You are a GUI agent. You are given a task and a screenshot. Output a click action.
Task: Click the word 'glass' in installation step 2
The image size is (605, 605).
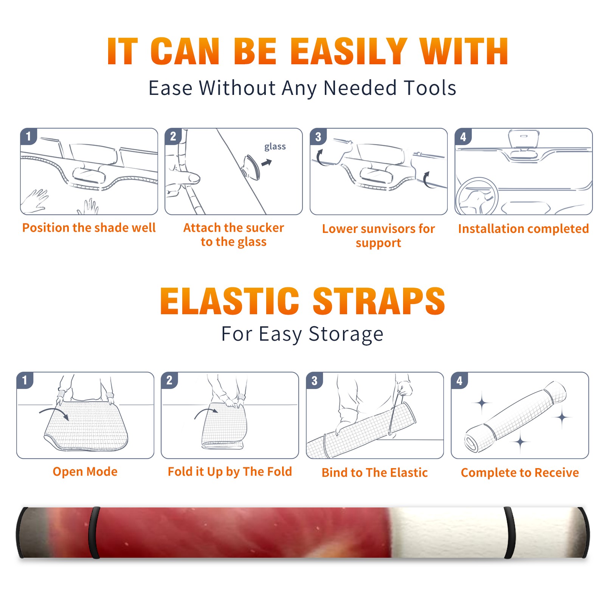pyautogui.click(x=275, y=147)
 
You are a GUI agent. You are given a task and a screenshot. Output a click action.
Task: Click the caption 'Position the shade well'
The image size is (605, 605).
pyautogui.click(x=89, y=228)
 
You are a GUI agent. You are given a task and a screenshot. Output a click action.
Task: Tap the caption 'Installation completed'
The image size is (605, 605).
pyautogui.click(x=523, y=229)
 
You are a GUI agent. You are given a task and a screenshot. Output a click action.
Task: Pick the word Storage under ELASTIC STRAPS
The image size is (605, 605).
pyautogui.click(x=346, y=335)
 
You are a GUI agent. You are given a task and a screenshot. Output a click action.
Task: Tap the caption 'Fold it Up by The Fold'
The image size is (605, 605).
pyautogui.click(x=230, y=472)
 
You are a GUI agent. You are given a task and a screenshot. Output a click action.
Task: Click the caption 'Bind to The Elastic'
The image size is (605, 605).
pyautogui.click(x=375, y=473)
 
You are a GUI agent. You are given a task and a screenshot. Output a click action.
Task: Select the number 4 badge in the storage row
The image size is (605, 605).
pyautogui.click(x=459, y=380)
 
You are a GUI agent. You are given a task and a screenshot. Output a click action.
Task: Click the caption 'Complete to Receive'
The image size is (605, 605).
pyautogui.click(x=520, y=473)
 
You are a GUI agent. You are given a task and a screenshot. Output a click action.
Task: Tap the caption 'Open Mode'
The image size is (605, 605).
pyautogui.click(x=85, y=472)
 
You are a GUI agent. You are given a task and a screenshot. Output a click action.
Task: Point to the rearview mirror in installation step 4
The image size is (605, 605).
pyautogui.click(x=524, y=140)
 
